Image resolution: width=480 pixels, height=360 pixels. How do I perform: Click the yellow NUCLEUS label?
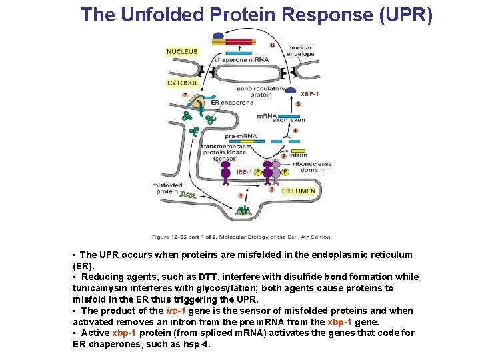[x=183, y=51]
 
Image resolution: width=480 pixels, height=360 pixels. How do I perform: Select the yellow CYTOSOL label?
[x=183, y=83]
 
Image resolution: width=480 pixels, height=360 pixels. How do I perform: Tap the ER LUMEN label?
[x=298, y=191]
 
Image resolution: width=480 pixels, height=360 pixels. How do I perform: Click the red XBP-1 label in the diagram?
[x=310, y=94]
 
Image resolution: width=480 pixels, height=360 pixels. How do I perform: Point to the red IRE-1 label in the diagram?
[x=244, y=172]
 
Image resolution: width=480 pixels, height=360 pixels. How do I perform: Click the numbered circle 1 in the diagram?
[x=240, y=196]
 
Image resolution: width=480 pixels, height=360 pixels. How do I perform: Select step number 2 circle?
[x=271, y=189]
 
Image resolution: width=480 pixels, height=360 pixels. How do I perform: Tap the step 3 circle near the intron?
[x=284, y=156]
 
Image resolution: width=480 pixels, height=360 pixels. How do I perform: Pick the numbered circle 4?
[x=295, y=131]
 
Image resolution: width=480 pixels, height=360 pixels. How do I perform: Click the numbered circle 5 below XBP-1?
[x=298, y=105]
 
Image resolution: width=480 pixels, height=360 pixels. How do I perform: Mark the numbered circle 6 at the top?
[x=273, y=45]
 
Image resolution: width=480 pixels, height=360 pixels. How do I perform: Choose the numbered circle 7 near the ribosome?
[x=185, y=95]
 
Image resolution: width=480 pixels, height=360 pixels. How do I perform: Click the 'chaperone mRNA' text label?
[x=241, y=59]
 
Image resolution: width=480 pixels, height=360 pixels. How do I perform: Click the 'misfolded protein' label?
[x=167, y=188]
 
